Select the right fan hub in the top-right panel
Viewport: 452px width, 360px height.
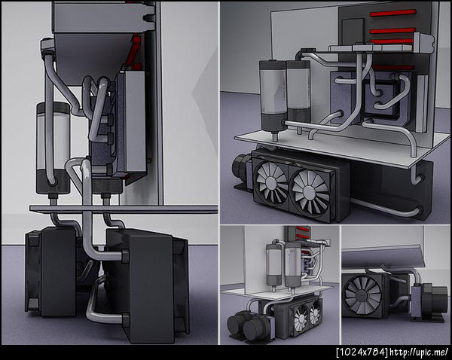tap(309, 191)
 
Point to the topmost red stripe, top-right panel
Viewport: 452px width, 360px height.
tap(393, 13)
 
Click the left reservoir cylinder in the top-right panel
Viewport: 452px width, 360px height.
tap(273, 96)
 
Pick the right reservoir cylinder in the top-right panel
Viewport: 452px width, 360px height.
tap(298, 91)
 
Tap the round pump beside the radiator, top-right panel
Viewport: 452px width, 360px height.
tap(242, 168)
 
